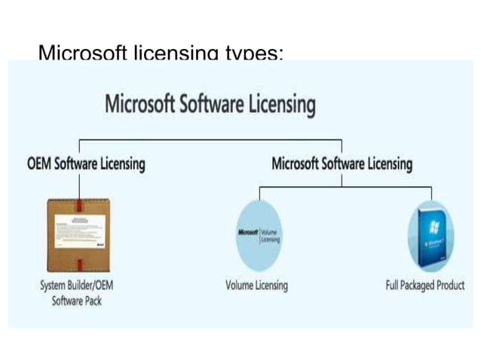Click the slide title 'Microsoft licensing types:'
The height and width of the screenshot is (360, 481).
pyautogui.click(x=161, y=53)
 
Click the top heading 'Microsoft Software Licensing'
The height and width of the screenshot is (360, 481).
pyautogui.click(x=210, y=103)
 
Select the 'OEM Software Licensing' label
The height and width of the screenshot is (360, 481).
pyautogui.click(x=87, y=163)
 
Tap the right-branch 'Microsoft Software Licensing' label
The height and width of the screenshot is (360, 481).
pyautogui.click(x=342, y=163)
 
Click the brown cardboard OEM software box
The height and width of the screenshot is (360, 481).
pyautogui.click(x=78, y=235)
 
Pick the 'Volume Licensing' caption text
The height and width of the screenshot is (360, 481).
pyautogui.click(x=256, y=285)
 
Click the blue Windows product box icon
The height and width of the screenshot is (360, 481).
pyautogui.click(x=430, y=236)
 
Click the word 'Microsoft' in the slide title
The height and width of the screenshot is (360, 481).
pyautogui.click(x=83, y=53)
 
